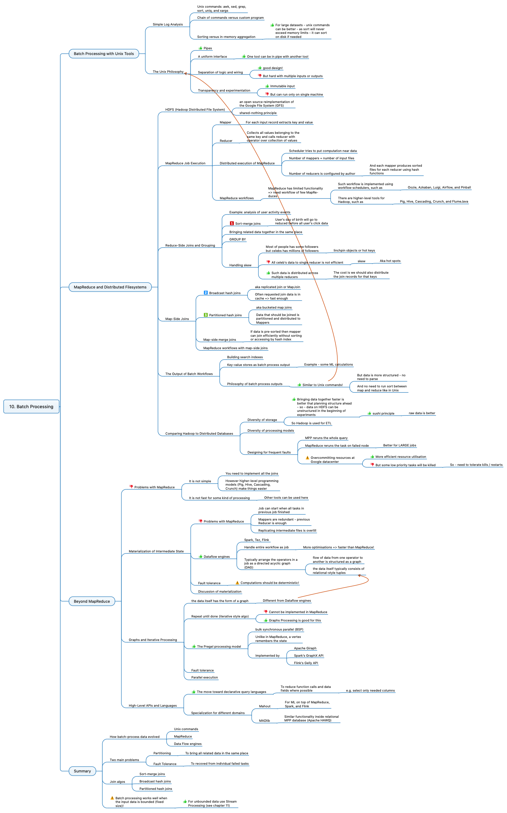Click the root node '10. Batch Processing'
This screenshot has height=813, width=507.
coord(31,406)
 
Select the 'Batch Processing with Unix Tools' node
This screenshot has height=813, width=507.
coord(104,54)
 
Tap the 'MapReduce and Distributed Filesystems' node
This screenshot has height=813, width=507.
coord(110,287)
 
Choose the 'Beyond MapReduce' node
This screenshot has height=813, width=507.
coord(92,601)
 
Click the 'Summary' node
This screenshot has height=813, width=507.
coord(82,771)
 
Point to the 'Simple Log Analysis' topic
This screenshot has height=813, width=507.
coord(168,24)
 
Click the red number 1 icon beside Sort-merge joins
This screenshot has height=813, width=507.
coord(232,223)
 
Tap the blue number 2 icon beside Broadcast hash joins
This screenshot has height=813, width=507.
coord(206,293)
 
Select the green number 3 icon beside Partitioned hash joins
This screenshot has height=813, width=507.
coord(206,315)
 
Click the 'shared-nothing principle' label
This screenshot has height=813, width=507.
coord(258,113)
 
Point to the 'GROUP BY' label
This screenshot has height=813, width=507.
coord(237,239)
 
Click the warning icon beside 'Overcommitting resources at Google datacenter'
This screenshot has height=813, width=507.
coord(307,458)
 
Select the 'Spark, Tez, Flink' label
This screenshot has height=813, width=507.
coord(257,540)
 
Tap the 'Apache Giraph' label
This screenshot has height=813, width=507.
coord(305,648)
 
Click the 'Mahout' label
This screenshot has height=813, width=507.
coord(265,706)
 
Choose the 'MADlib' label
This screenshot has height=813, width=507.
coord(264,721)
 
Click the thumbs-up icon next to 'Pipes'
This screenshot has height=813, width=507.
coord(201,48)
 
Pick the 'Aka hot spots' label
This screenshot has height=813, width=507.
coord(390,261)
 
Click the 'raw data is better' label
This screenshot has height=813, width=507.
coord(422,413)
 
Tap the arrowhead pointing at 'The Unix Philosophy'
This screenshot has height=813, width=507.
coord(185,73)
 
